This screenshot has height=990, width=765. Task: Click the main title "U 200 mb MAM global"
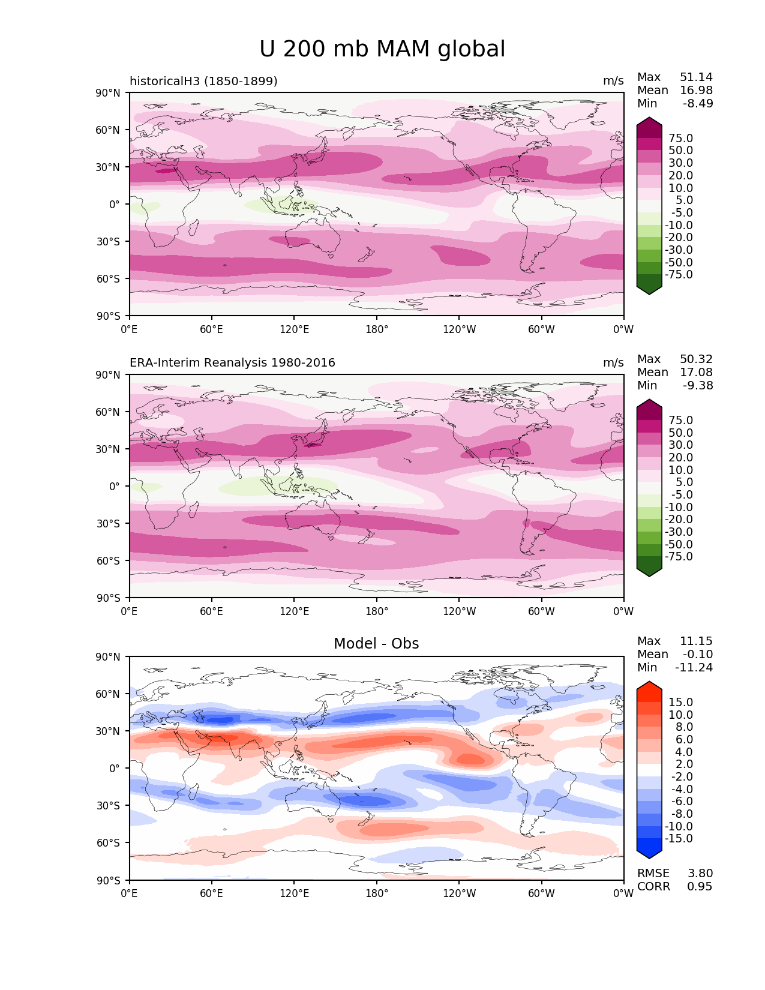click(x=382, y=49)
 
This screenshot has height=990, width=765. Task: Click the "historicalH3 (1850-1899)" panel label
click(x=203, y=81)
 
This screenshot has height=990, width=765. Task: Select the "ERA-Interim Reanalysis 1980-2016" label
click(x=232, y=363)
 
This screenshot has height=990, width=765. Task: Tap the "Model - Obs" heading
click(x=376, y=644)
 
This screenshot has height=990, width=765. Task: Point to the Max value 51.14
click(x=696, y=77)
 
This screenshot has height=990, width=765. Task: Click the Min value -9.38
click(x=698, y=386)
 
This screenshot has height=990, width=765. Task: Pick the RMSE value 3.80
click(x=700, y=874)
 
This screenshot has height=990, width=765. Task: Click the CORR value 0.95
click(x=700, y=887)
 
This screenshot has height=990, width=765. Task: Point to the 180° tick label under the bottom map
click(x=377, y=893)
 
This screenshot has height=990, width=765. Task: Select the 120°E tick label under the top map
click(x=295, y=329)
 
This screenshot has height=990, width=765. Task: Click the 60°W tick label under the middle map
click(x=541, y=611)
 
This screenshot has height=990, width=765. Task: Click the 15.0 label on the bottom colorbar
click(x=680, y=703)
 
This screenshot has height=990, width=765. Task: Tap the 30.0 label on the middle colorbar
click(x=680, y=445)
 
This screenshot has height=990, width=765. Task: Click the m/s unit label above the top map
click(x=613, y=81)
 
